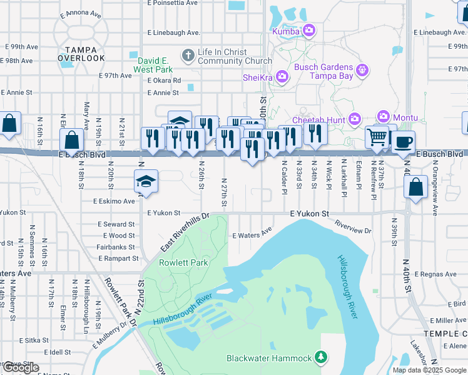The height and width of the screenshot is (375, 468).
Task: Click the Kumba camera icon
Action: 309,30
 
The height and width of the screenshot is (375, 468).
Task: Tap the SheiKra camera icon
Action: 282,77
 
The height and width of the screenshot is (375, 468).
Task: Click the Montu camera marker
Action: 383,117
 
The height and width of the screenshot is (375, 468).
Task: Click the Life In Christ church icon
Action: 187,56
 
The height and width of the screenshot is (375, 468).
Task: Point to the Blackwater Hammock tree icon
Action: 321,357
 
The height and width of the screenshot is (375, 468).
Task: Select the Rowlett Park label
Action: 183,263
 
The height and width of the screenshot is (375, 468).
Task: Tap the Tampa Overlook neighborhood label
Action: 81,54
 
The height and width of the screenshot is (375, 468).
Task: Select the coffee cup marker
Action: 404,141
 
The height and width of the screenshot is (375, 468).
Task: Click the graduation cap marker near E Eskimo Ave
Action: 146,182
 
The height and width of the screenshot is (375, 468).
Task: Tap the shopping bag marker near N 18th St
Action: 73,140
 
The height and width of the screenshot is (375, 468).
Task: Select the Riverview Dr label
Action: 352,227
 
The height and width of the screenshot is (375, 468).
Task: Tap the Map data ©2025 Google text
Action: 429,370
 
